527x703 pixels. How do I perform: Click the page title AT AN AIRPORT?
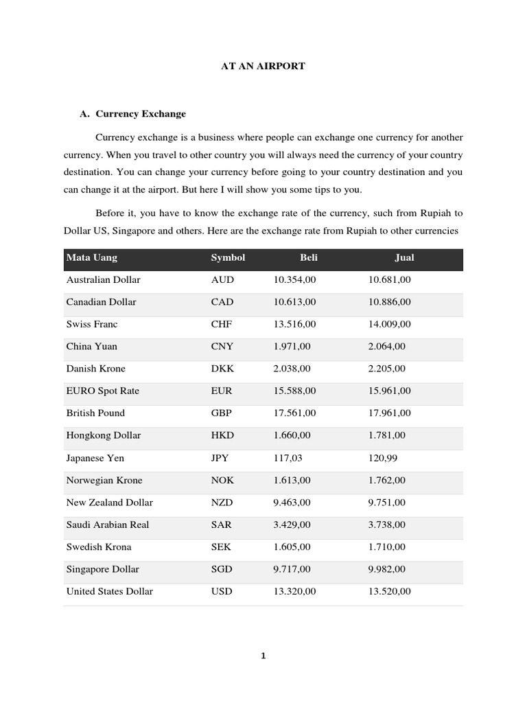[263, 66]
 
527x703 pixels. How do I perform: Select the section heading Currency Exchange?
[141, 113]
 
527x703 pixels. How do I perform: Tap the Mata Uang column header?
[91, 257]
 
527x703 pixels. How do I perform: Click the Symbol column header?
[228, 257]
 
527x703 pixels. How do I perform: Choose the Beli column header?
[309, 257]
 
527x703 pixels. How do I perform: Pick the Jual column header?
[404, 257]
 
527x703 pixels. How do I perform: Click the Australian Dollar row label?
[103, 279]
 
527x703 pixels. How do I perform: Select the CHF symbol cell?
[222, 324]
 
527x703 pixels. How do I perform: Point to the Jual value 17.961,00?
[390, 413]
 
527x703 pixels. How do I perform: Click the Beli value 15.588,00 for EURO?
[294, 391]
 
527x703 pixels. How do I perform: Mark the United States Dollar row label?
[109, 591]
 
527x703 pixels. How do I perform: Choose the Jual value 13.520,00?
[390, 591]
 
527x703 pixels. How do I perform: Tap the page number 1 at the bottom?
[263, 656]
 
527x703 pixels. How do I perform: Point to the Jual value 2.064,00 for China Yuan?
[387, 346]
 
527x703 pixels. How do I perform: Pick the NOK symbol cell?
[223, 480]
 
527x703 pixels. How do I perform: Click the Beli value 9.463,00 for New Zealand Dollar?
[292, 503]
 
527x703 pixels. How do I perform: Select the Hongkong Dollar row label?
[103, 435]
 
